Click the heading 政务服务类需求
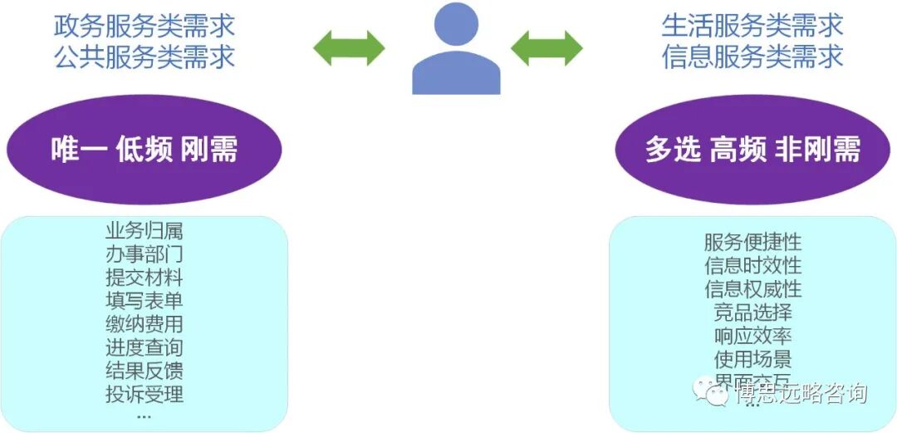[145, 25]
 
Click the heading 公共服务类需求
[145, 57]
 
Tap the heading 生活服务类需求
[752, 25]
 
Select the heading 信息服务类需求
[752, 57]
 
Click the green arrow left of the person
[349, 48]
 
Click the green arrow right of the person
[547, 48]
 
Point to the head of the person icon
[456, 27]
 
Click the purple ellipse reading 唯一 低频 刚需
[145, 150]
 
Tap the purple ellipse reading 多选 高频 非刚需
[752, 150]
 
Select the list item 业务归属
[145, 231]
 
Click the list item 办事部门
[145, 254]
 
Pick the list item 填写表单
[145, 301]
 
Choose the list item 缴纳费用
[145, 324]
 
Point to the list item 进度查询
[145, 347]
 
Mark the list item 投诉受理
[145, 394]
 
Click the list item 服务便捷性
[752, 243]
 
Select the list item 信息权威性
[752, 289]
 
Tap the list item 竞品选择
[752, 312]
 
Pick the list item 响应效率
[752, 336]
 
